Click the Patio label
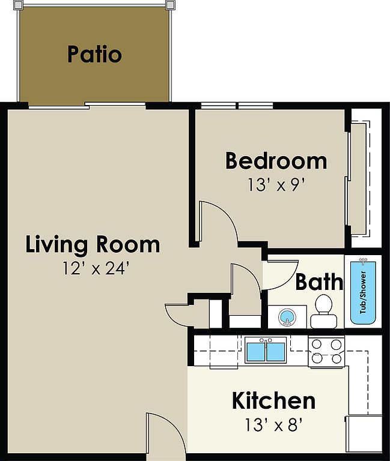click(x=94, y=55)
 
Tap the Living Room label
click(x=93, y=245)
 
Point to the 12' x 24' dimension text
click(x=96, y=268)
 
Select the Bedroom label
click(x=276, y=161)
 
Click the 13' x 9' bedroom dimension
click(x=276, y=185)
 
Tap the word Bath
click(x=319, y=282)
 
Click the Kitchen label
click(x=273, y=400)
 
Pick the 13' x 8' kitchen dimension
click(x=274, y=424)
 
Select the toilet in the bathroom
click(x=324, y=312)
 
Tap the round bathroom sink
click(x=287, y=318)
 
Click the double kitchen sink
click(x=266, y=350)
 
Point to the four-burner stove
click(x=326, y=351)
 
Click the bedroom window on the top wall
click(x=237, y=106)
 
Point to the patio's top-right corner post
click(x=170, y=5)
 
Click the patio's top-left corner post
click(x=18, y=5)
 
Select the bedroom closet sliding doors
click(x=350, y=179)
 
